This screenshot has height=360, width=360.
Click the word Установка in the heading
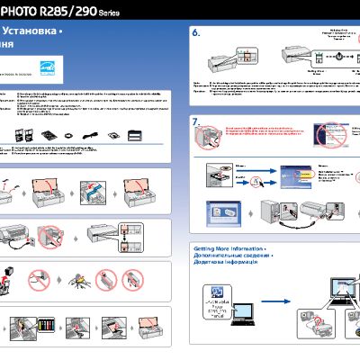pyautogui.click(x=36, y=31)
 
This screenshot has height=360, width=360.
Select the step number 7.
pyautogui.click(x=199, y=121)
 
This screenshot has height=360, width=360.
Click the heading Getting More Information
pyautogui.click(x=229, y=247)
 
